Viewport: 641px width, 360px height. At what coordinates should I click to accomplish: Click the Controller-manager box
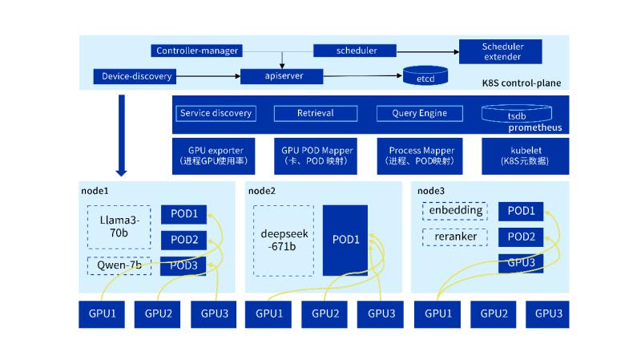[x=197, y=51]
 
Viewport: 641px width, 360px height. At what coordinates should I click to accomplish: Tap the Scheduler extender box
[x=502, y=51]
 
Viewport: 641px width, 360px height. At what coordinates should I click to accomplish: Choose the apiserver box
[x=282, y=77]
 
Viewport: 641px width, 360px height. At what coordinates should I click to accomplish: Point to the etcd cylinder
[x=425, y=77]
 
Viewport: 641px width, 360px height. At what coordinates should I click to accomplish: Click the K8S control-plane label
[x=521, y=83]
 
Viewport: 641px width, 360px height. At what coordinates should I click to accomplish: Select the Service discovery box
[x=216, y=113]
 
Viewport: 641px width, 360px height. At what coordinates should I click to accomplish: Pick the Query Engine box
[x=419, y=113]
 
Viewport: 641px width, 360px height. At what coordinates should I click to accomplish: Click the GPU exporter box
[x=216, y=156]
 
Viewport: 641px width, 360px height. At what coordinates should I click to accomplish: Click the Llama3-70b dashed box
[x=119, y=226]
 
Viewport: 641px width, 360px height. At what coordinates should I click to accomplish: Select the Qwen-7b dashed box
[x=119, y=265]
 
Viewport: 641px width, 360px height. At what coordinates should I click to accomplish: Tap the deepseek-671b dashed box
[x=283, y=241]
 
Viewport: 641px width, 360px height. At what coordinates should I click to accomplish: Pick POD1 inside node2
[x=345, y=240]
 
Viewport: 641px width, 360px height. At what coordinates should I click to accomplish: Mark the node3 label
[x=431, y=191]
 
